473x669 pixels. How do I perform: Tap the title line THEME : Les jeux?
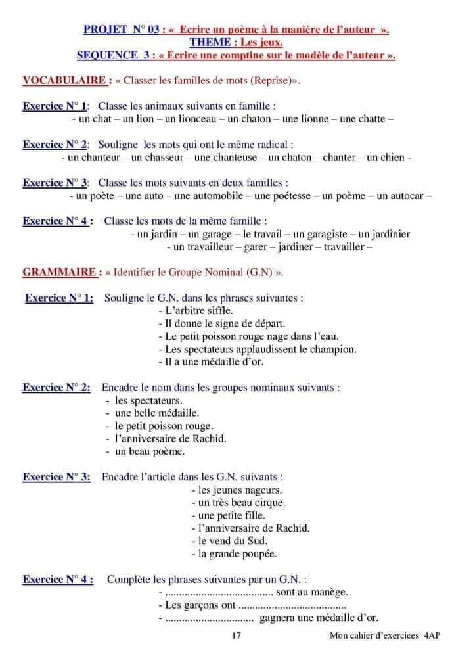(x=236, y=43)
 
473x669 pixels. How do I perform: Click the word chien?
(x=392, y=157)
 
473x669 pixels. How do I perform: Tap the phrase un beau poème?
(x=149, y=451)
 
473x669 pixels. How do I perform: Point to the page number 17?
(x=237, y=635)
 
